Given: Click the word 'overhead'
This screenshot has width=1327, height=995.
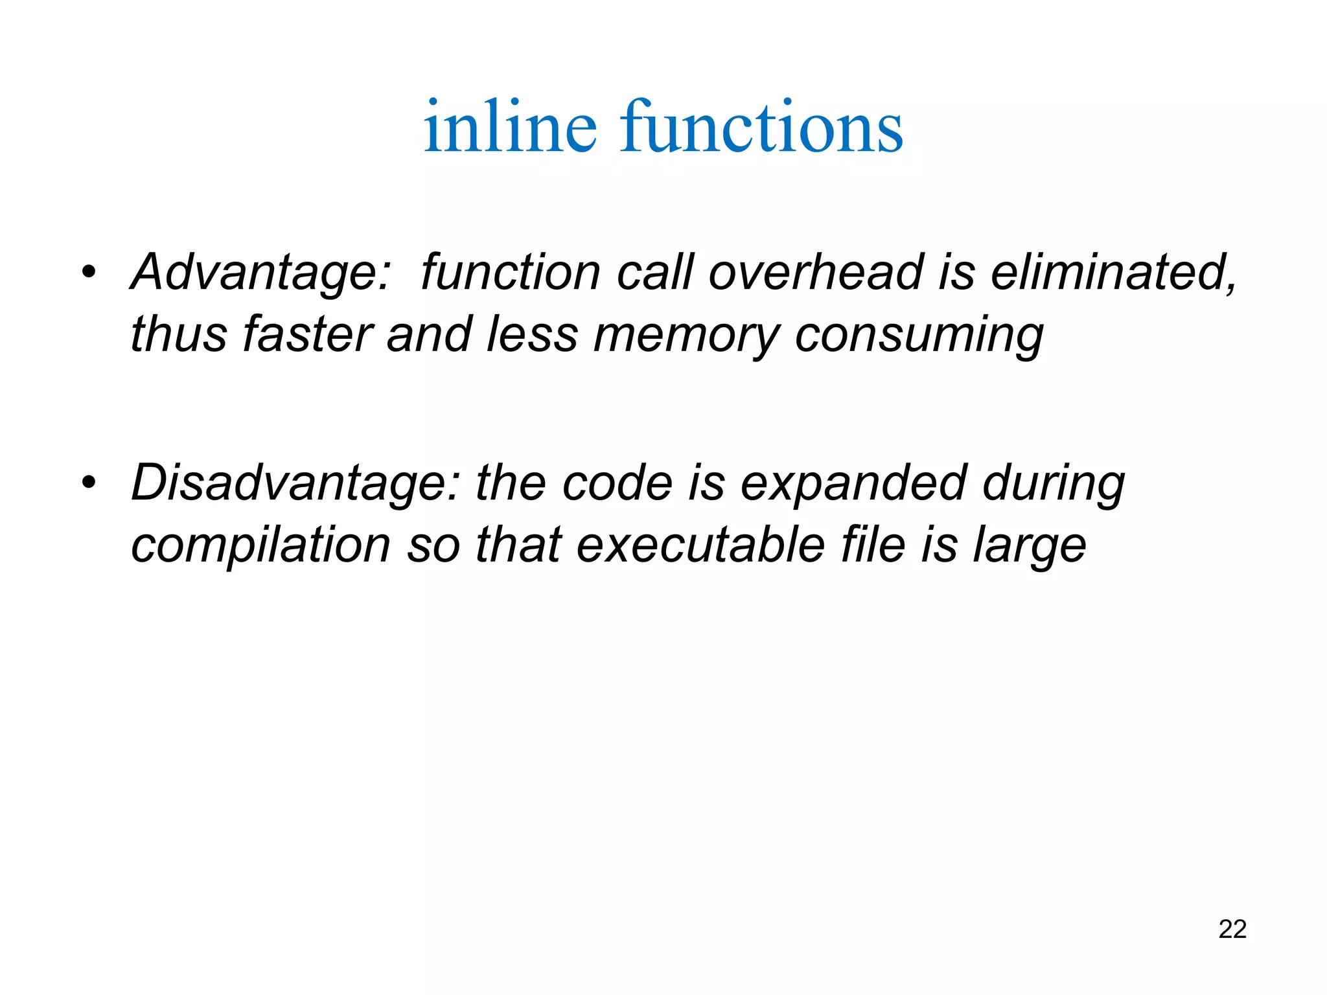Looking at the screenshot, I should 816,272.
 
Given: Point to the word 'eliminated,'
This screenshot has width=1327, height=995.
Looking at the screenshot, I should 1114,272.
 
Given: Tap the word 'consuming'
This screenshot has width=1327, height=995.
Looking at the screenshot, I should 919,336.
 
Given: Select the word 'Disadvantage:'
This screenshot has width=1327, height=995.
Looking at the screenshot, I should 295,483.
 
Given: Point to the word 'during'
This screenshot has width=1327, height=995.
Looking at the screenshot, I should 1054,485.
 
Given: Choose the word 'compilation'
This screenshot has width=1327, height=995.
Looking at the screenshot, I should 260,545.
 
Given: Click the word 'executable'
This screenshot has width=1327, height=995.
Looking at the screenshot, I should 700,545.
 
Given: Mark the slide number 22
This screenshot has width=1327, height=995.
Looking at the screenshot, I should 1232,929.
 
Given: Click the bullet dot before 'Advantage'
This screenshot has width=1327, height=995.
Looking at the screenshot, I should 89,271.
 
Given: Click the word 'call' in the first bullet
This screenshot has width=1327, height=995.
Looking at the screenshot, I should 654,272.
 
